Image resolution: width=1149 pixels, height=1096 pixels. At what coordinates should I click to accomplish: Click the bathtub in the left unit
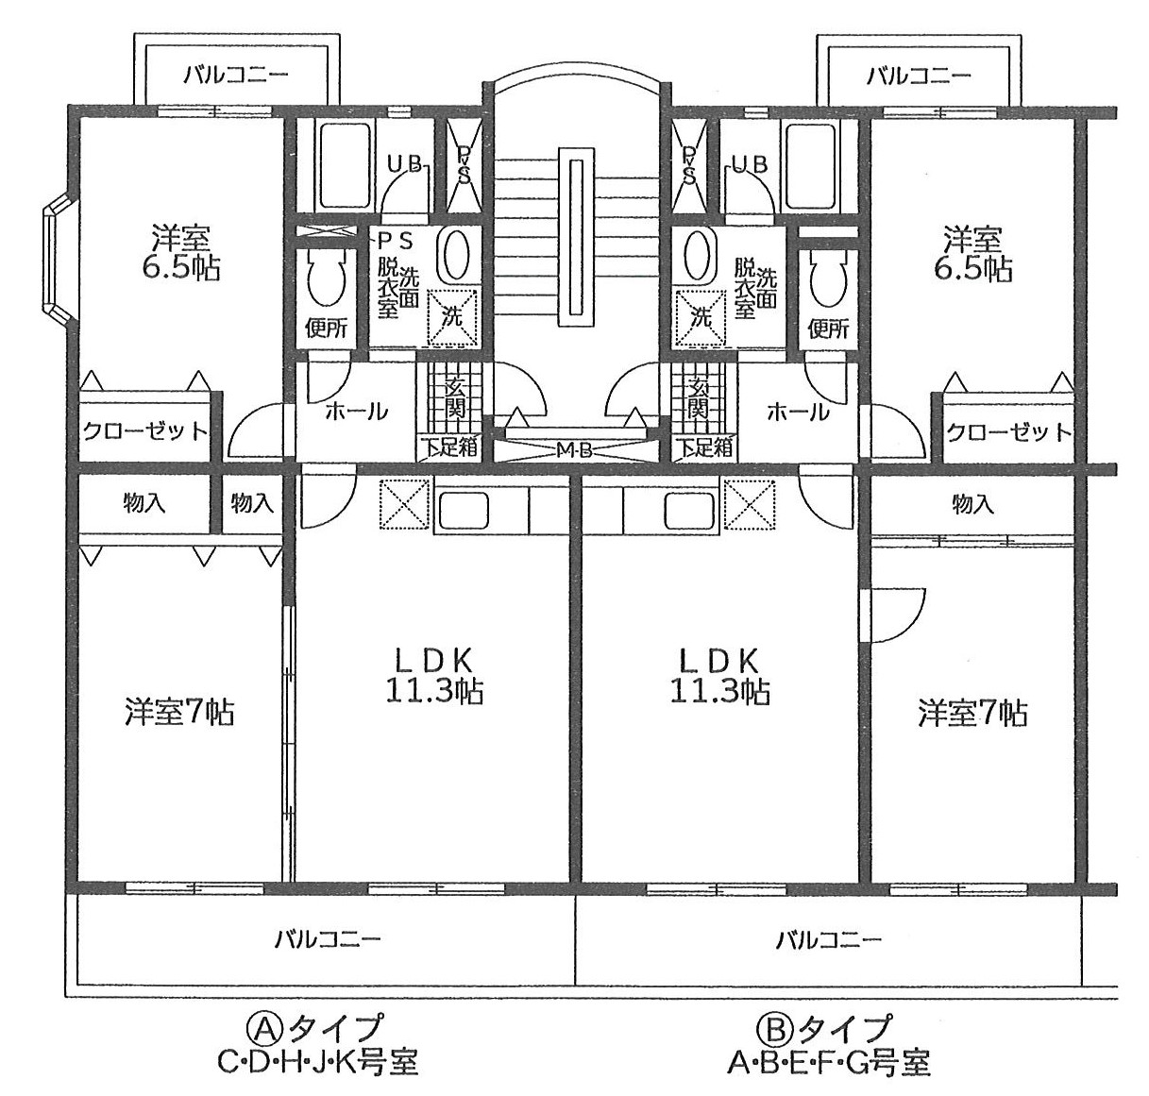pyautogui.click(x=345, y=166)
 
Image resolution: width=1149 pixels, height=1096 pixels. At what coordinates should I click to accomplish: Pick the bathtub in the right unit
pyautogui.click(x=812, y=166)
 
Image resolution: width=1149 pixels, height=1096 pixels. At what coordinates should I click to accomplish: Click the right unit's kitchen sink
pyautogui.click(x=689, y=510)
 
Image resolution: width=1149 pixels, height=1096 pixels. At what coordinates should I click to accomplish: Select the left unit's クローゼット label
pyautogui.click(x=145, y=431)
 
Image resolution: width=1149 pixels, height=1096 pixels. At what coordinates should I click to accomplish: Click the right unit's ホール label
pyautogui.click(x=797, y=413)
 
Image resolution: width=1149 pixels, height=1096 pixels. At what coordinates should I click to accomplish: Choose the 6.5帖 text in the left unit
pyautogui.click(x=180, y=268)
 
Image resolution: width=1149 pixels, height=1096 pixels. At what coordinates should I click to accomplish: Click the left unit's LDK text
pyautogui.click(x=433, y=661)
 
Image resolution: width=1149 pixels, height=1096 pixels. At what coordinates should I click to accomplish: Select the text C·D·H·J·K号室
pyautogui.click(x=318, y=1063)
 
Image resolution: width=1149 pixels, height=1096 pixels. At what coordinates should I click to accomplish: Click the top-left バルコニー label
pyautogui.click(x=236, y=75)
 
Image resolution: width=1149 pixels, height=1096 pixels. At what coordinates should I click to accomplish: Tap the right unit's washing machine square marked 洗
pyautogui.click(x=699, y=317)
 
